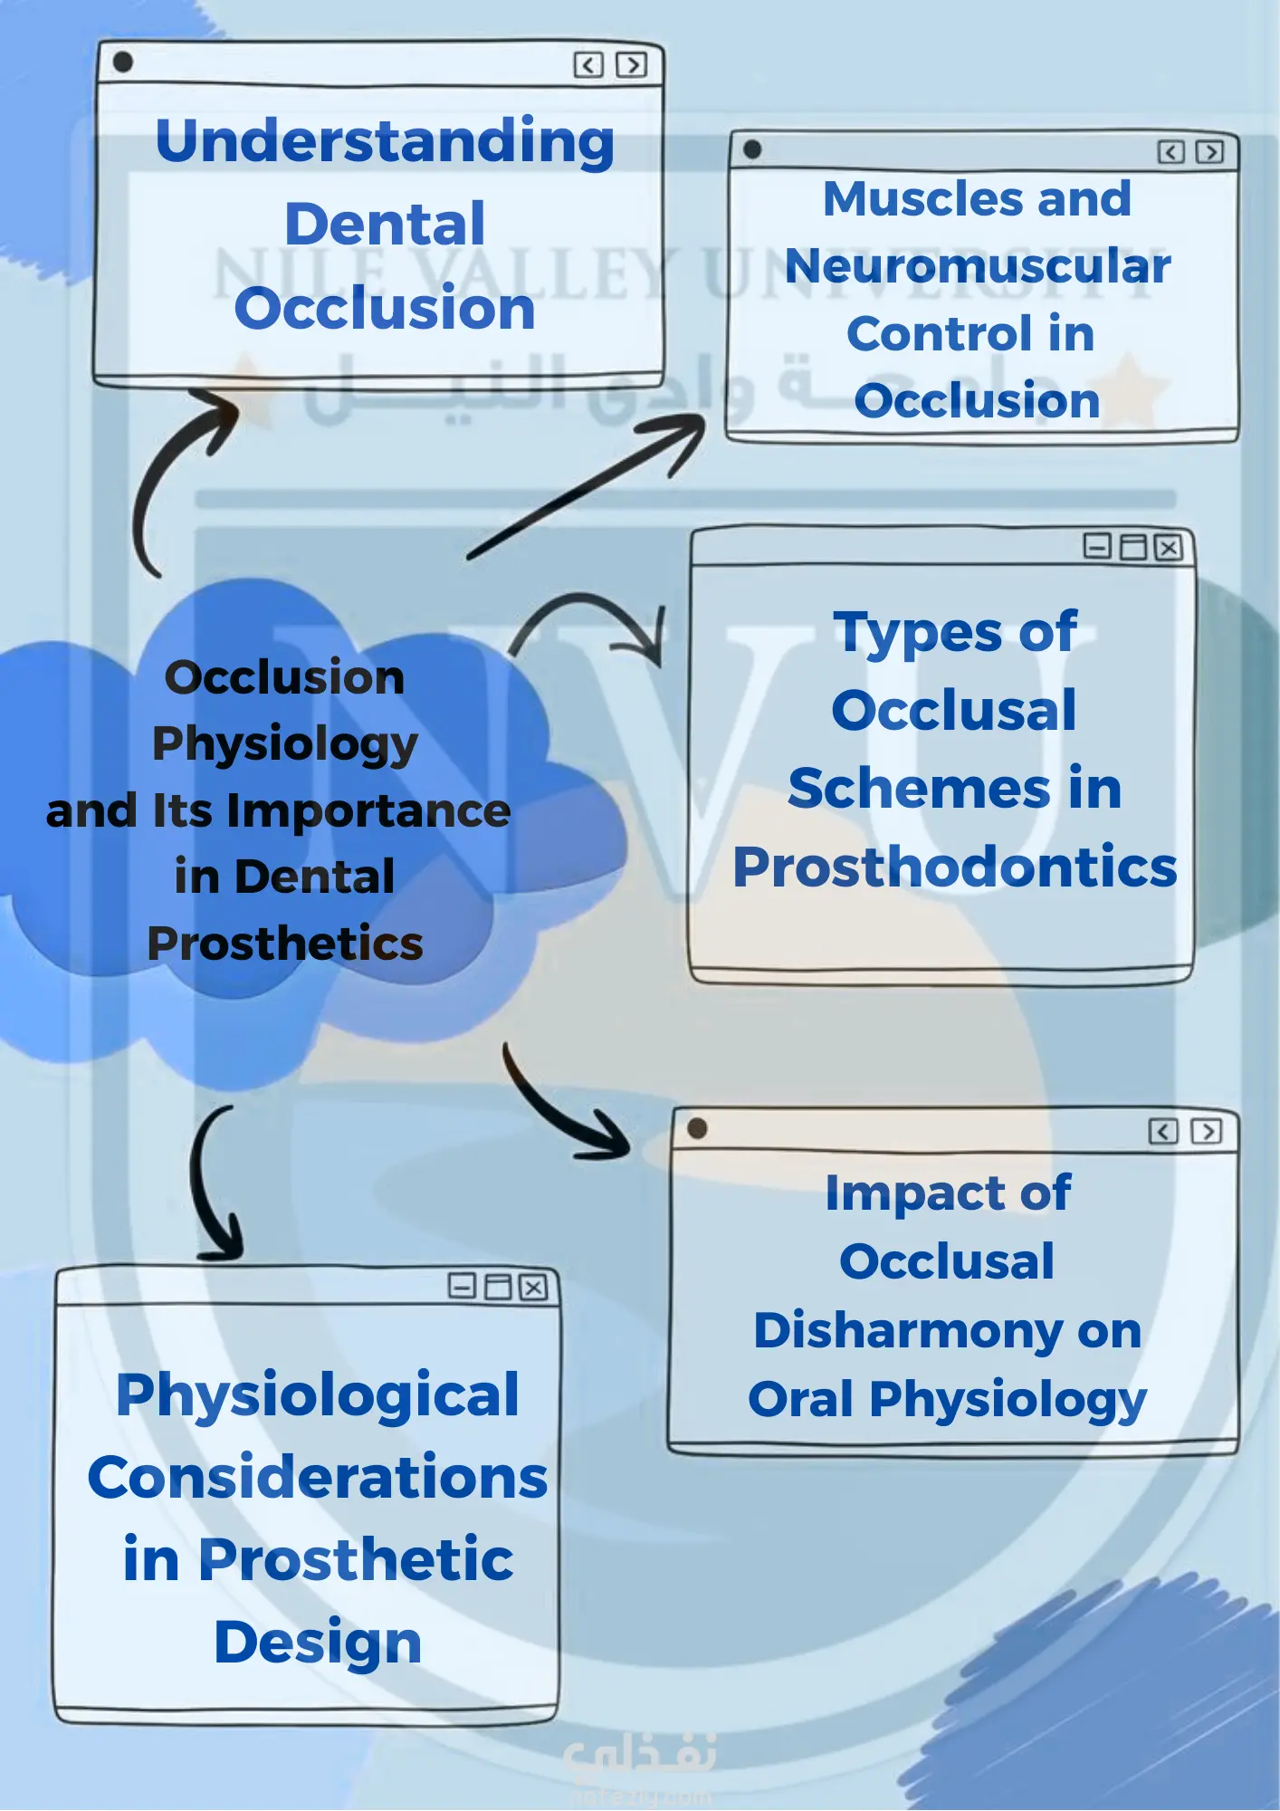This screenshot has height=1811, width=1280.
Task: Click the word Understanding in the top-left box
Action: [385, 142]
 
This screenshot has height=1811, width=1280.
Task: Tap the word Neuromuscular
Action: [978, 266]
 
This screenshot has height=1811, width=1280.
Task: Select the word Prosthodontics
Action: [955, 867]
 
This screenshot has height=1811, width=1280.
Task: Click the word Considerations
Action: [318, 1478]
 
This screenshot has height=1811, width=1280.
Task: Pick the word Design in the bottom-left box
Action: [318, 1642]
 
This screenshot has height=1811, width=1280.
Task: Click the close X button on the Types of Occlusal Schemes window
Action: [1169, 548]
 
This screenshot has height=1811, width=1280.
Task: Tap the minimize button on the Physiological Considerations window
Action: [462, 1287]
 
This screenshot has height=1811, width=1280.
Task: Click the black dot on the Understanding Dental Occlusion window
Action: [123, 62]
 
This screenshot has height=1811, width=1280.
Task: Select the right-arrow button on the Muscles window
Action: [1209, 152]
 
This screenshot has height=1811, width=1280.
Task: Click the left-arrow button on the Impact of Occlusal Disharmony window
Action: [1163, 1132]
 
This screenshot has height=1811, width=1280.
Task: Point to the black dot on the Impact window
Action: [697, 1128]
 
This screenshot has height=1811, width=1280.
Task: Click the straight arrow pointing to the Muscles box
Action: [588, 489]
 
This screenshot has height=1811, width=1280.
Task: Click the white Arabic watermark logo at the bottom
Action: [639, 1755]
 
